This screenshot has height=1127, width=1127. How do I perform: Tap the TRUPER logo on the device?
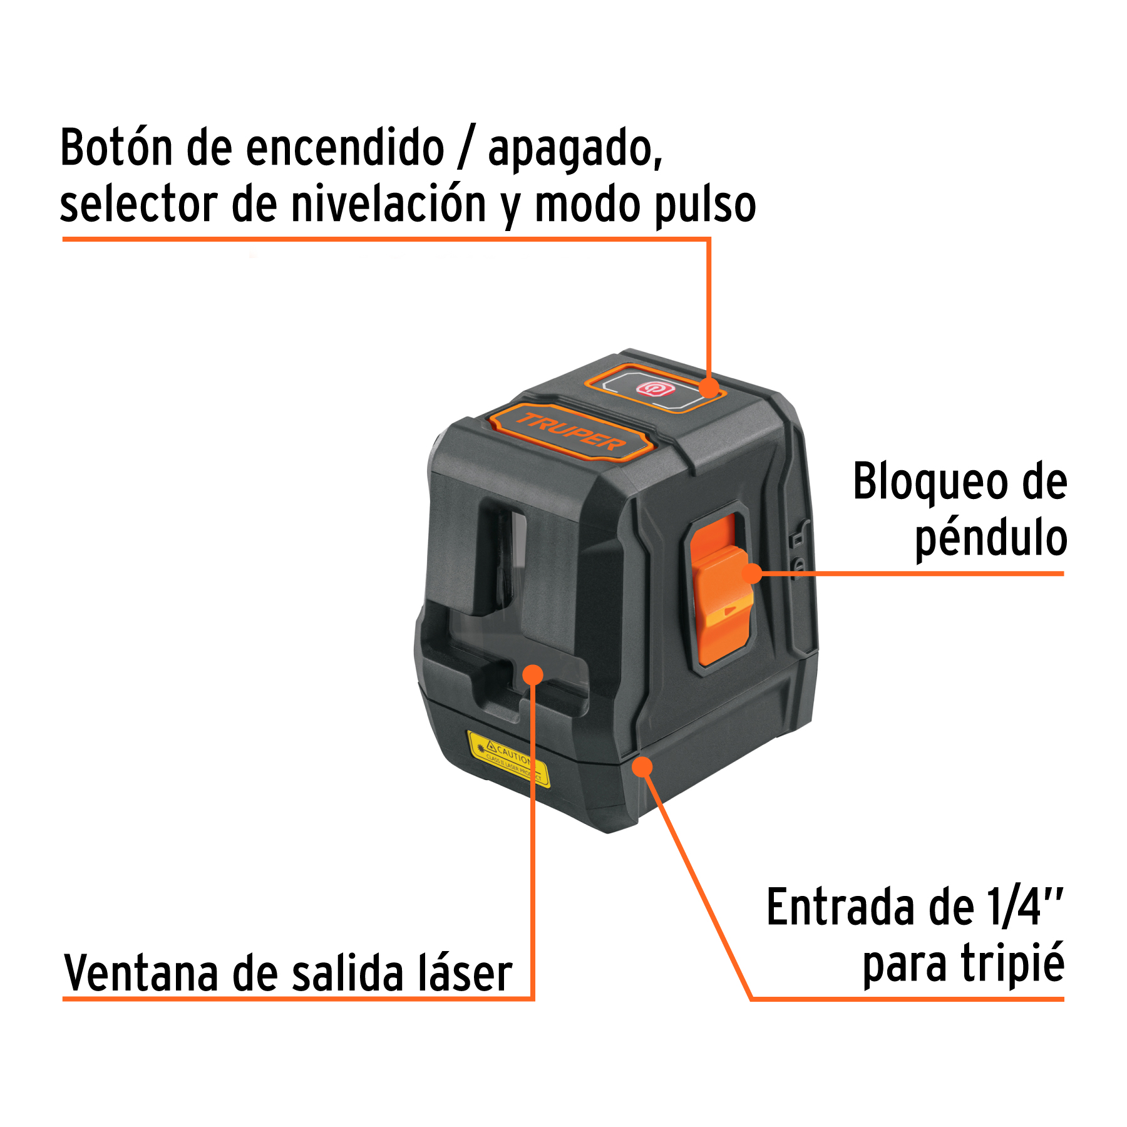570,433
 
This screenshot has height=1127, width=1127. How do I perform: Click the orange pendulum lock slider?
720,589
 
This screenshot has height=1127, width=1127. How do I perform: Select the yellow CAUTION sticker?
508,758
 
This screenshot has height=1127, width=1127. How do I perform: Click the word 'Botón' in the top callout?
116,148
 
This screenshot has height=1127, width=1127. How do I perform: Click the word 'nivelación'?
389,205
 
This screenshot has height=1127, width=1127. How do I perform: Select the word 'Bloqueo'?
930,482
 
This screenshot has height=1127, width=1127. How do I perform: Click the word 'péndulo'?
991,538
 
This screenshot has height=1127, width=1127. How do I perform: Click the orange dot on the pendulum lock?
752,573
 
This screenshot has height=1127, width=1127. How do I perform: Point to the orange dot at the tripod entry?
642,766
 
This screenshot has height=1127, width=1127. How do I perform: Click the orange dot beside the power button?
709,388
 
